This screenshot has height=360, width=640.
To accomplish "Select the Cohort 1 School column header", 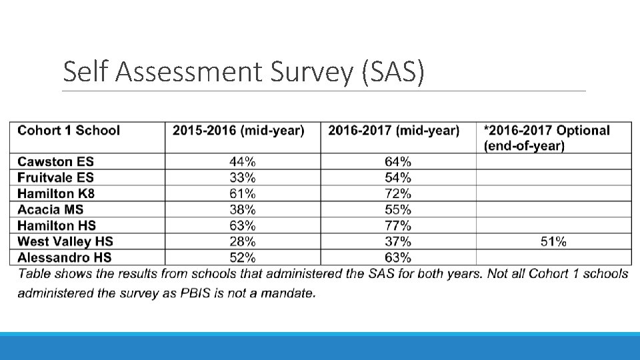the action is (x=69, y=131).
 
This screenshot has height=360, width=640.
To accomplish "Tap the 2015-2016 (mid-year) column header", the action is (x=239, y=131).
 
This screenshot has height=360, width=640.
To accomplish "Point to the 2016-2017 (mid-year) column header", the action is (x=394, y=131).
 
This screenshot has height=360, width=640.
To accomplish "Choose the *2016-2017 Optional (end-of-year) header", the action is (x=547, y=139).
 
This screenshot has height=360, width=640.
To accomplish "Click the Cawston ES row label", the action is (x=55, y=161).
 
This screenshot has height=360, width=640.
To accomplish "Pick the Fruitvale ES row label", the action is (x=55, y=177).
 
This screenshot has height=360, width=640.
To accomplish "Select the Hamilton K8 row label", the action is (x=56, y=193).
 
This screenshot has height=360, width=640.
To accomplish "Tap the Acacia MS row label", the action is (x=50, y=209).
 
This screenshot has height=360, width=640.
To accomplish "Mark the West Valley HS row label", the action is (x=65, y=241).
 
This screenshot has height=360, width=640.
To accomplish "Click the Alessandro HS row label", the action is (x=65, y=257).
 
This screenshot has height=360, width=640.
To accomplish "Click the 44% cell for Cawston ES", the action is (x=243, y=161).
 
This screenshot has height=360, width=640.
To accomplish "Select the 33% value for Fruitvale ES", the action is (x=243, y=177).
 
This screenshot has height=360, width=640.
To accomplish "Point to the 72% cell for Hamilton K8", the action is (x=398, y=193).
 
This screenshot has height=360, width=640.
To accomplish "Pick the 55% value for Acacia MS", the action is (x=398, y=209).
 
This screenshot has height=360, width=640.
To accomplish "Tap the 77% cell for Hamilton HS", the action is (x=398, y=225).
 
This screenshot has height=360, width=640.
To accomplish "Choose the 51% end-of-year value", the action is (x=553, y=241).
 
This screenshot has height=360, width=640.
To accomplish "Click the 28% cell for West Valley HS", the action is (x=243, y=241).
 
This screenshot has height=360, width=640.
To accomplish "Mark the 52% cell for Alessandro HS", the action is (x=243, y=257).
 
